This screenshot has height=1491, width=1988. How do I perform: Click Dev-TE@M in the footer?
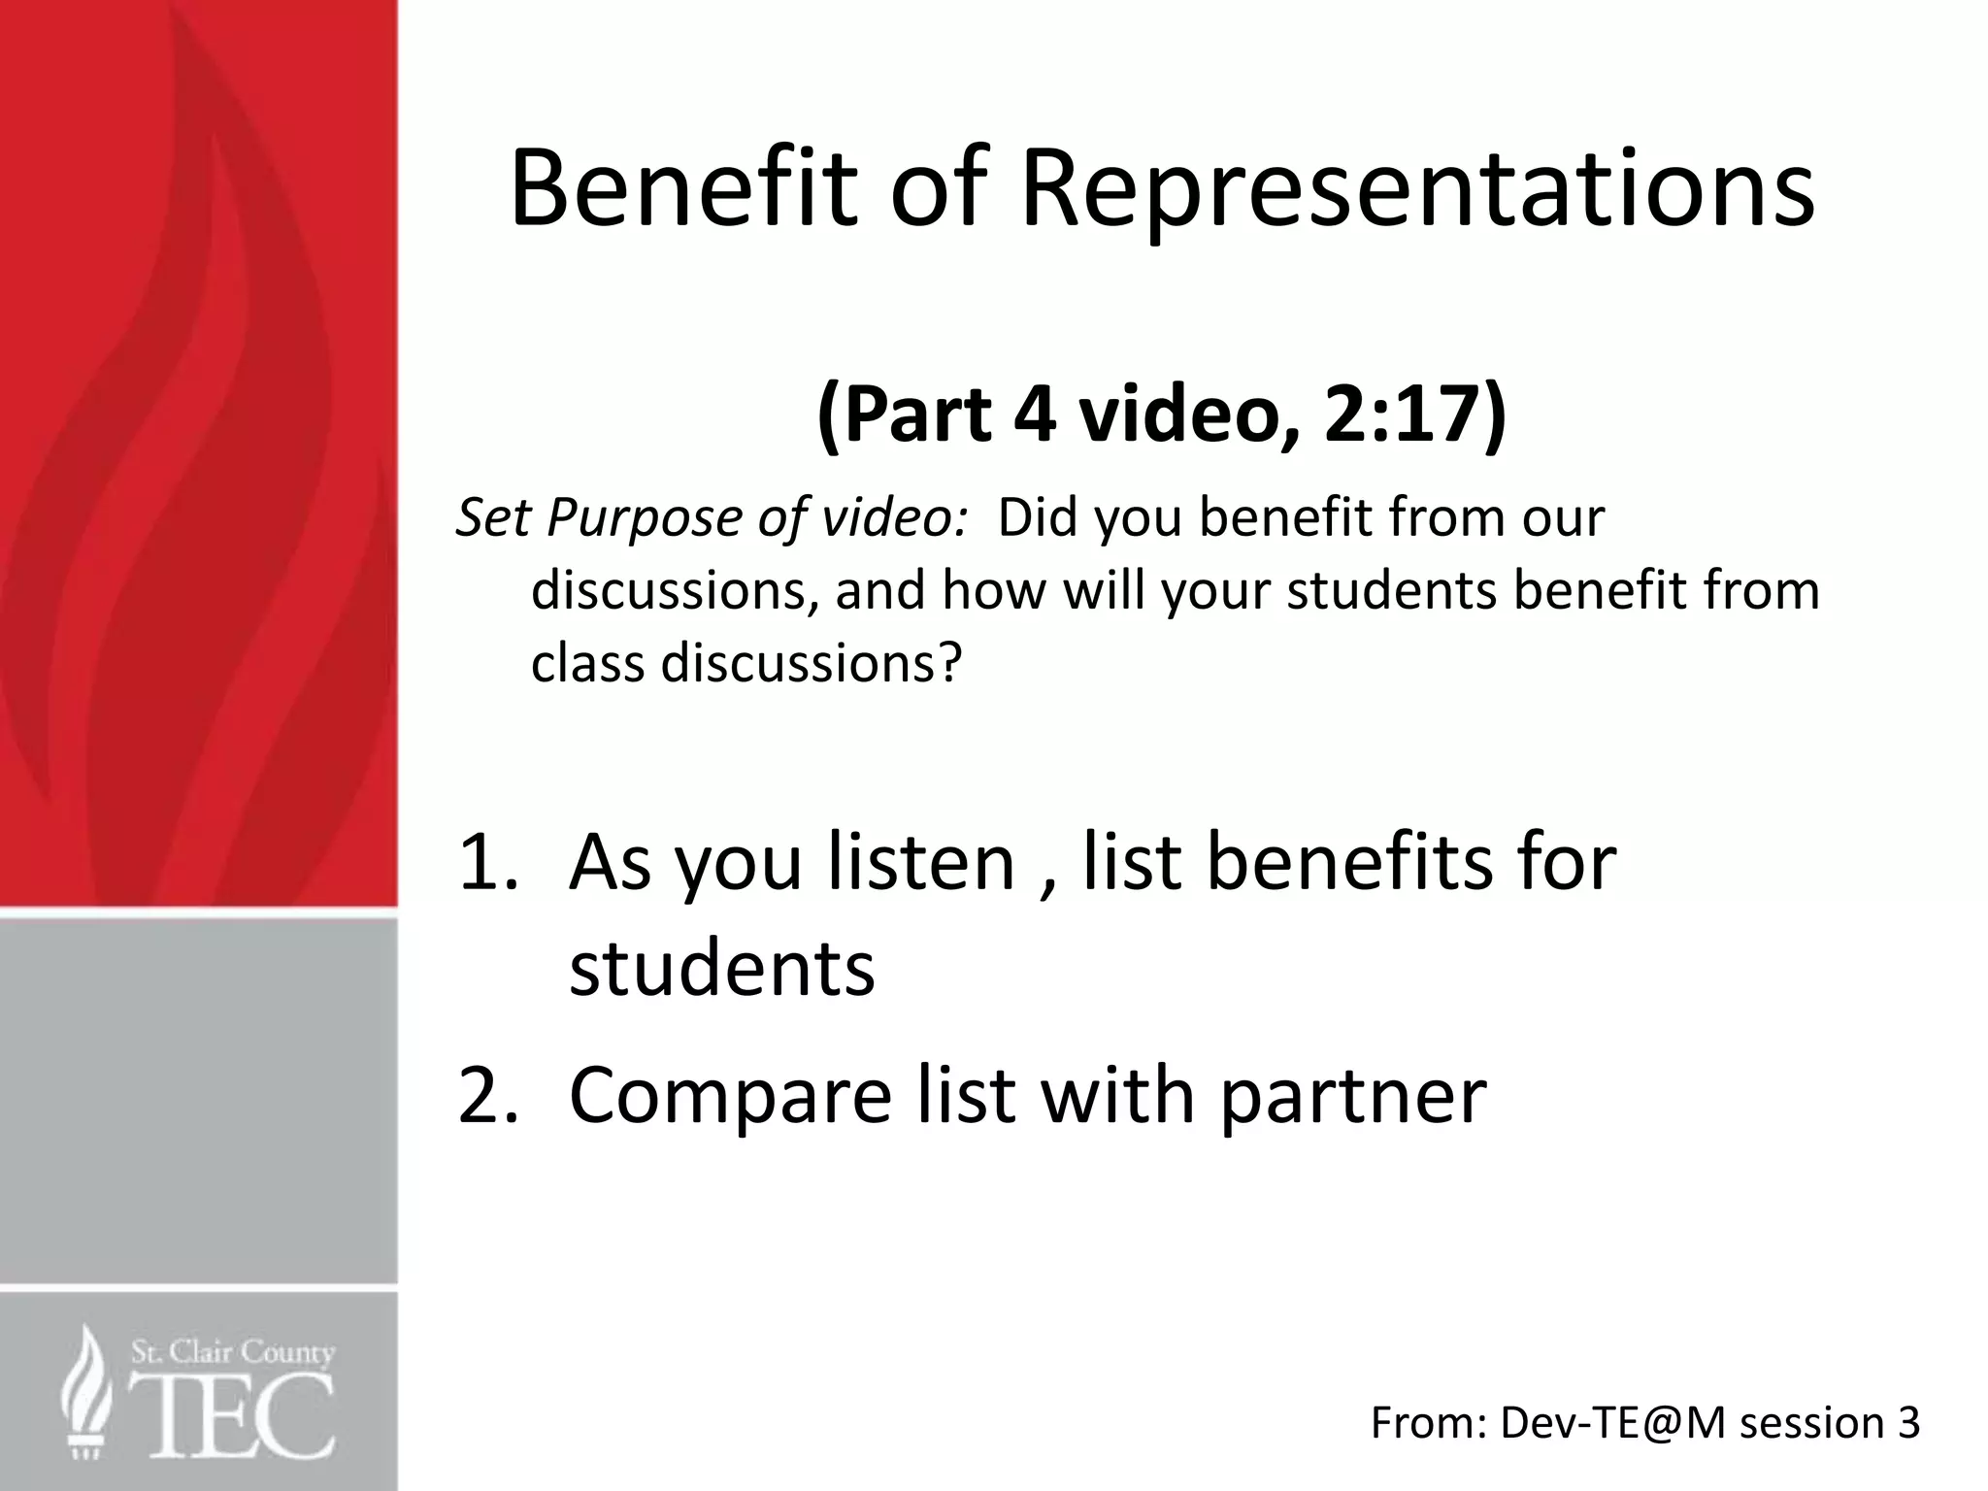(x=1612, y=1424)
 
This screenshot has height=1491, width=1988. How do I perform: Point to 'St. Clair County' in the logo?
(x=233, y=1352)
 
